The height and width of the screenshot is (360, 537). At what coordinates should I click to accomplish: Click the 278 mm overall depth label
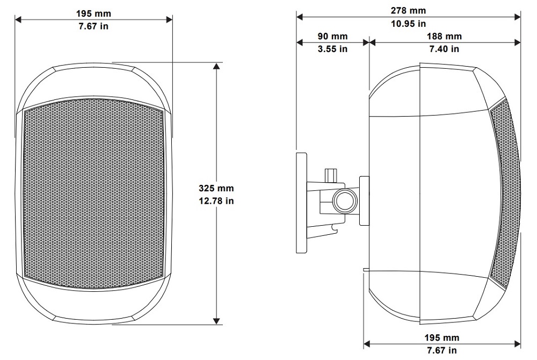(408, 11)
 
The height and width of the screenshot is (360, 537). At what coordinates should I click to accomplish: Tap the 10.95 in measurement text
(408, 24)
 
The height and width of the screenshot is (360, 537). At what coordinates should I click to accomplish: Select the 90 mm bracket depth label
(332, 37)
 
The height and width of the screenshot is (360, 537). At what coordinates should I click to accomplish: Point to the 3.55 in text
(332, 49)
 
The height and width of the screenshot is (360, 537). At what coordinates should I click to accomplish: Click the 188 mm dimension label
(444, 37)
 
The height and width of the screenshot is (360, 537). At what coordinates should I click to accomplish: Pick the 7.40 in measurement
(444, 49)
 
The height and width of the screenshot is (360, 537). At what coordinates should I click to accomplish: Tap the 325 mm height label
(216, 188)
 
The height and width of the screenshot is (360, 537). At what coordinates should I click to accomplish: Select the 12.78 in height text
(216, 201)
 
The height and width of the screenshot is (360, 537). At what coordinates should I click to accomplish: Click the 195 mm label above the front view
(93, 13)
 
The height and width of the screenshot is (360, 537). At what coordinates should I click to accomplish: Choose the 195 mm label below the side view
(442, 338)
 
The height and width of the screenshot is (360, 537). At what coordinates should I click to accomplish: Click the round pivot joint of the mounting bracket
(345, 201)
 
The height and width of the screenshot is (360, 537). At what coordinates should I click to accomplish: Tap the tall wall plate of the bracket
(302, 203)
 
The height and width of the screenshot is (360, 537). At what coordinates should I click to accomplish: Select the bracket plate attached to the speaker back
(364, 201)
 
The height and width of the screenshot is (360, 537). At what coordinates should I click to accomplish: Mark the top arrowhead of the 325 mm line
(216, 67)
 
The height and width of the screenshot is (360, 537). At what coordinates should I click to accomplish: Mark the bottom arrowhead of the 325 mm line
(216, 321)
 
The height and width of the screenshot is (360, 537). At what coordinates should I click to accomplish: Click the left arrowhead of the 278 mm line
(300, 17)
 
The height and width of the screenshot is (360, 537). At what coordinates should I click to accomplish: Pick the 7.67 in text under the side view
(442, 350)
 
